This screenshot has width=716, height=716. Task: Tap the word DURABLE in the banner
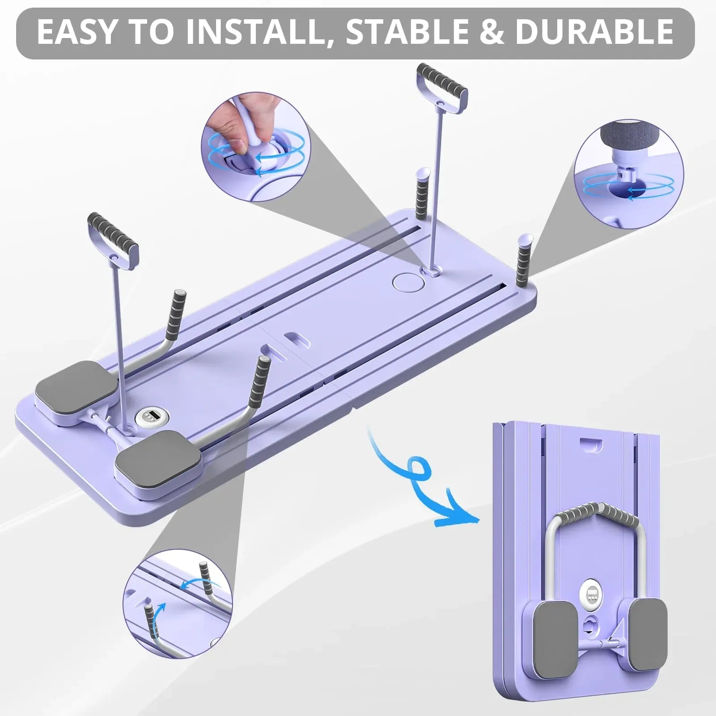coord(594,32)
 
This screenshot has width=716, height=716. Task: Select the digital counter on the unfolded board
coord(148,417)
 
